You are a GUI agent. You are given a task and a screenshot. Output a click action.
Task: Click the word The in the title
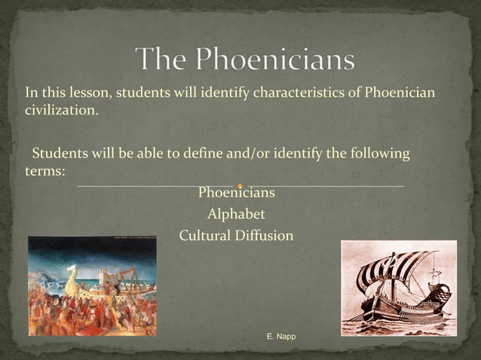click(x=164, y=59)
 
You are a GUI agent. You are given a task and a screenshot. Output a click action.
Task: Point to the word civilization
click(x=61, y=111)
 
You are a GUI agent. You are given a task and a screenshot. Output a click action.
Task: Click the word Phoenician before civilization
click(x=400, y=93)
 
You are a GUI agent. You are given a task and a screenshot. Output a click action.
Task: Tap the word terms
click(x=44, y=171)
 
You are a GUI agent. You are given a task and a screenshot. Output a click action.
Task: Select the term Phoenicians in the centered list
click(x=236, y=194)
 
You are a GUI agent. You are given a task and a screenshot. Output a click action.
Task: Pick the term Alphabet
click(x=236, y=215)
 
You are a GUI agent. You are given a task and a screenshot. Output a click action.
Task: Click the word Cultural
click(x=202, y=236)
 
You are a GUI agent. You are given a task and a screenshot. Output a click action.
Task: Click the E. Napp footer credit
click(x=281, y=336)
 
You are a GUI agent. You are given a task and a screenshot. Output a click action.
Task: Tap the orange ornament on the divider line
click(x=240, y=185)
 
